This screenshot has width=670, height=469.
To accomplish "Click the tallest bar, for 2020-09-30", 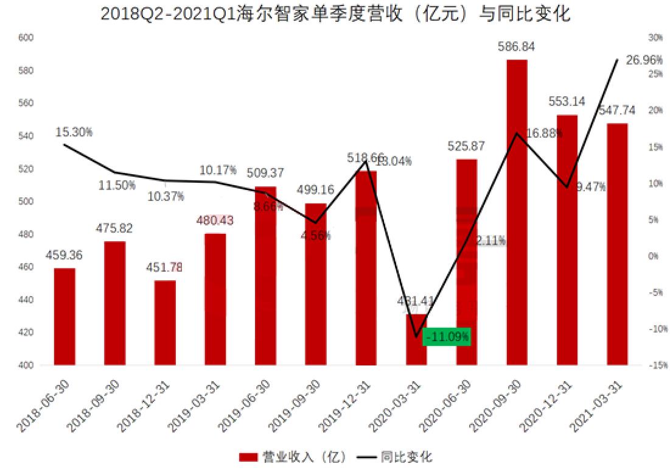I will pyautogui.click(x=517, y=213).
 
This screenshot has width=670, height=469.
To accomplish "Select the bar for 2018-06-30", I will pyautogui.click(x=65, y=317).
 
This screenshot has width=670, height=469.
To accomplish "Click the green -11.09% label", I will pyautogui.click(x=448, y=336).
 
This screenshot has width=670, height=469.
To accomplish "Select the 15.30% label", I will pyautogui.click(x=74, y=132).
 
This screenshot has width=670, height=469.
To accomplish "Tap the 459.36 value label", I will pyautogui.click(x=65, y=256).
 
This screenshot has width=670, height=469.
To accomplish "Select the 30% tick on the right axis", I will pyautogui.click(x=655, y=38).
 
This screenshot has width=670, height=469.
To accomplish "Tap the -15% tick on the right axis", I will pyautogui.click(x=655, y=365).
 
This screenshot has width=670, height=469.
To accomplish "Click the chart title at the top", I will pyautogui.click(x=335, y=13).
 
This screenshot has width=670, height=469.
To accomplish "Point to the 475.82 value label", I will pyautogui.click(x=114, y=228).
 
